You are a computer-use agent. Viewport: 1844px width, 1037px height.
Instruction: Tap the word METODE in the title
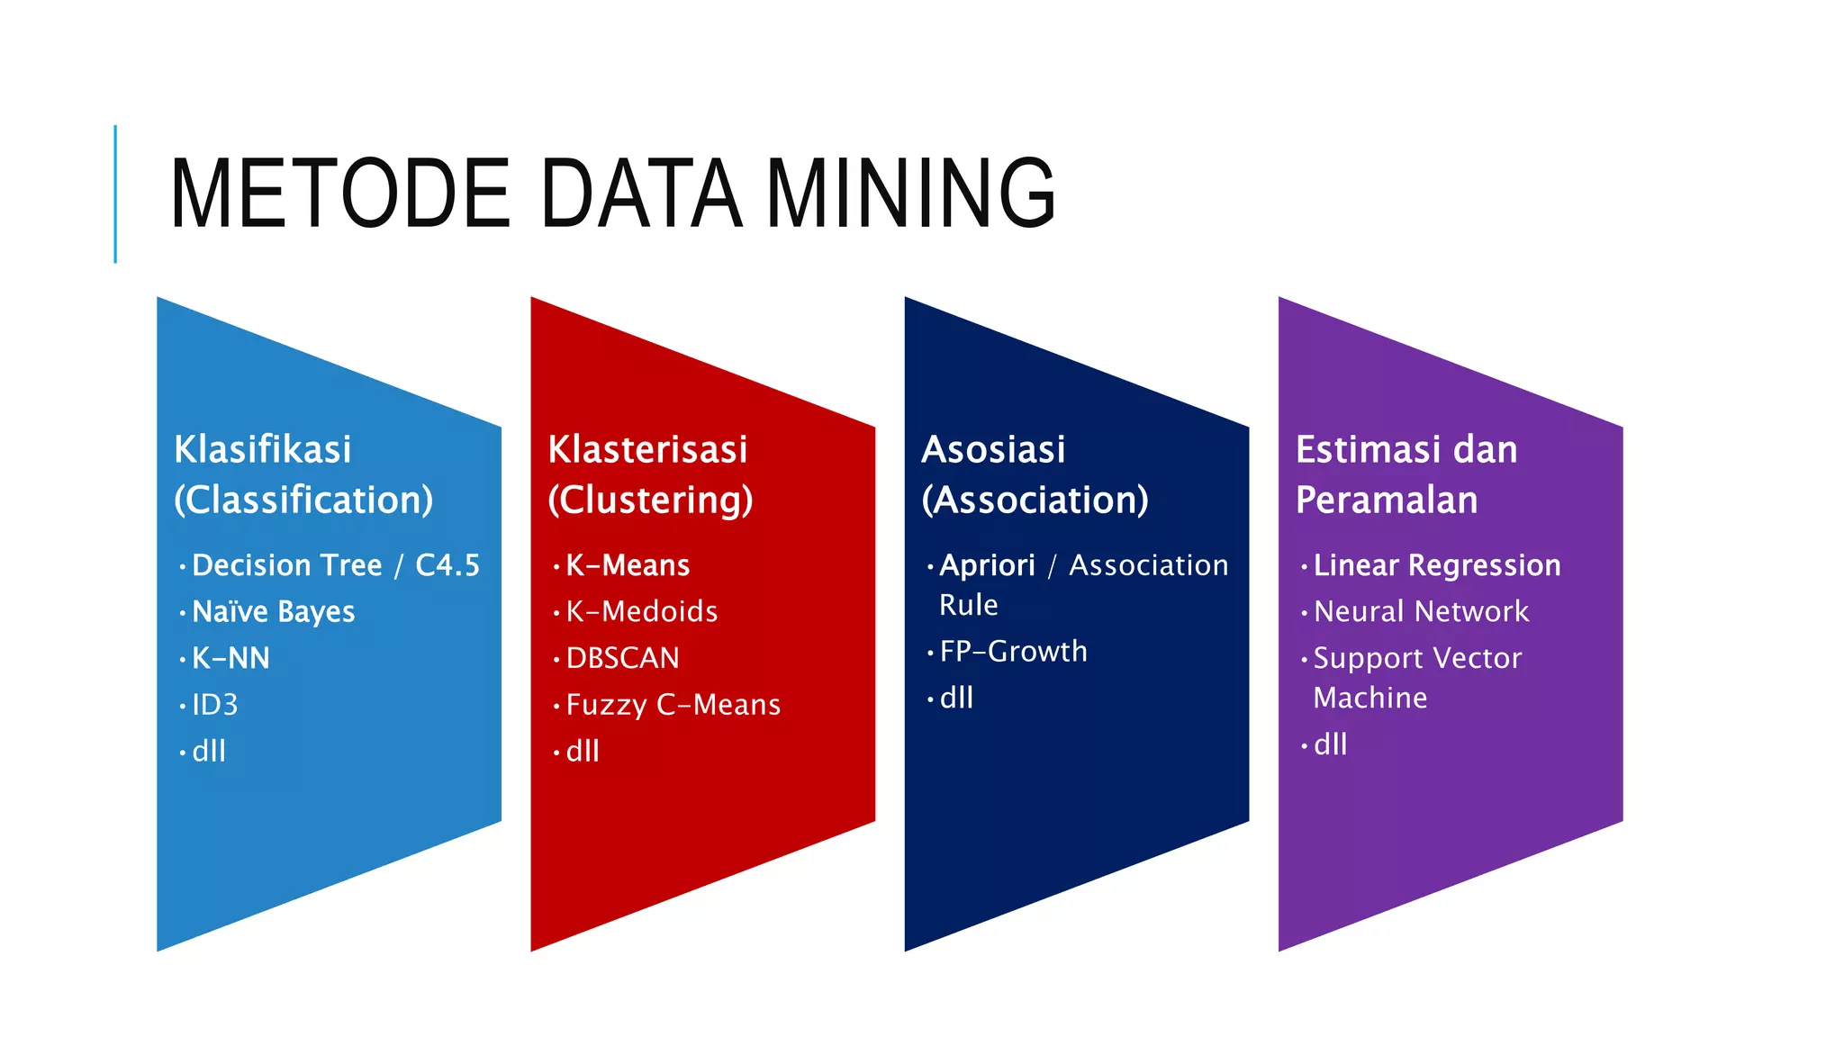339,194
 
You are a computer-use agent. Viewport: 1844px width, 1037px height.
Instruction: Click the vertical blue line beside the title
115,194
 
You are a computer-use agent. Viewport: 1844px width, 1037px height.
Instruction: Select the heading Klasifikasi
262,449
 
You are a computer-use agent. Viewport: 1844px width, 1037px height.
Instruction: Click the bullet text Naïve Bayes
273,612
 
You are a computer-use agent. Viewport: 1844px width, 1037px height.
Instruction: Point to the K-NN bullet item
230,658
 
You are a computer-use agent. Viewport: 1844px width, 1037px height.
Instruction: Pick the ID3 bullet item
214,705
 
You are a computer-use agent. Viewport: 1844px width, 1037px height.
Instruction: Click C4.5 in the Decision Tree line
447,565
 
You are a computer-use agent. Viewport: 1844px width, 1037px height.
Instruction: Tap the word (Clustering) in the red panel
650,500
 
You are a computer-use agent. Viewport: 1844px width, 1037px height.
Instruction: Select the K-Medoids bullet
641,612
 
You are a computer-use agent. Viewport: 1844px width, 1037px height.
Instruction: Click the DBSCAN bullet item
622,658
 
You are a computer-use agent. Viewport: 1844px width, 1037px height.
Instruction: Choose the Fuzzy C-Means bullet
673,705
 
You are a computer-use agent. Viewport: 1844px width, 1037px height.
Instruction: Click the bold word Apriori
987,565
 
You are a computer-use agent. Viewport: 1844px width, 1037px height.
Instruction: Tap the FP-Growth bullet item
1013,651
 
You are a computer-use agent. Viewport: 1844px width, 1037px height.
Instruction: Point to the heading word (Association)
1035,500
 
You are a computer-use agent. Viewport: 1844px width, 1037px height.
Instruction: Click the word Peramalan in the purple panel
1387,500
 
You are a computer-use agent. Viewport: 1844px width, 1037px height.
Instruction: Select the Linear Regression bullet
1436,565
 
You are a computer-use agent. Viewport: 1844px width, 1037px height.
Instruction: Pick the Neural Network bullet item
1421,612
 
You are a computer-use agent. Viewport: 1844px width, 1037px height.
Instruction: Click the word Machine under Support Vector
1369,698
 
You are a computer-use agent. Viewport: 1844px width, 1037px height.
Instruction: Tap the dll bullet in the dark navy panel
956,698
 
